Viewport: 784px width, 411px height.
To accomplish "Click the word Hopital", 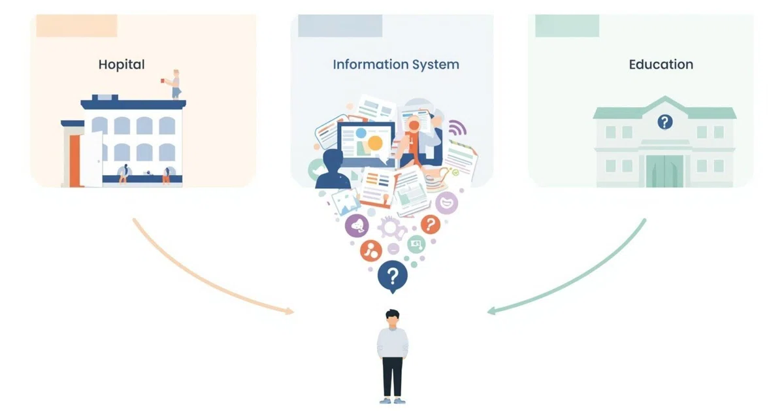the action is [x=122, y=65].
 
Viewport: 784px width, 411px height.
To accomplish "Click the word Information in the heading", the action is [x=370, y=65].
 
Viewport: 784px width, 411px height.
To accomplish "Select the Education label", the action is [x=661, y=65].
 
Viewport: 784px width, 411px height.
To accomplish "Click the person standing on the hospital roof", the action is [x=175, y=84].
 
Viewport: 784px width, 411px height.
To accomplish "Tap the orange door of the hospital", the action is [x=74, y=161].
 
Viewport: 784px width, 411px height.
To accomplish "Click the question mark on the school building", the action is [x=665, y=122].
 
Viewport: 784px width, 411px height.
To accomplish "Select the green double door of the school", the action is [x=664, y=171].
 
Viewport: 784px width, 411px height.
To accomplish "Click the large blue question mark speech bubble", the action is [x=393, y=276].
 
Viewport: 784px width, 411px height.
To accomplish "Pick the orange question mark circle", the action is [x=431, y=224].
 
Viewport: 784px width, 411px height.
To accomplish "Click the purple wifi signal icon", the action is [x=457, y=128].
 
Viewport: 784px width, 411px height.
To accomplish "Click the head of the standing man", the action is [x=393, y=318].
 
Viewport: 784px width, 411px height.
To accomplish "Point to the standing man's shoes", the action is [x=393, y=400].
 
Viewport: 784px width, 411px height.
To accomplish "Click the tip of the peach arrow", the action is [x=293, y=312].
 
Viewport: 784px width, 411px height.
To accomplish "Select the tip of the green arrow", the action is [x=488, y=311].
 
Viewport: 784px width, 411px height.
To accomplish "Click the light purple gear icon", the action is [x=391, y=227].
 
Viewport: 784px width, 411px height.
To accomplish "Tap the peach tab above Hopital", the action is [x=76, y=25].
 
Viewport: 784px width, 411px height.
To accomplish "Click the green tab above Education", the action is [x=567, y=25].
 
